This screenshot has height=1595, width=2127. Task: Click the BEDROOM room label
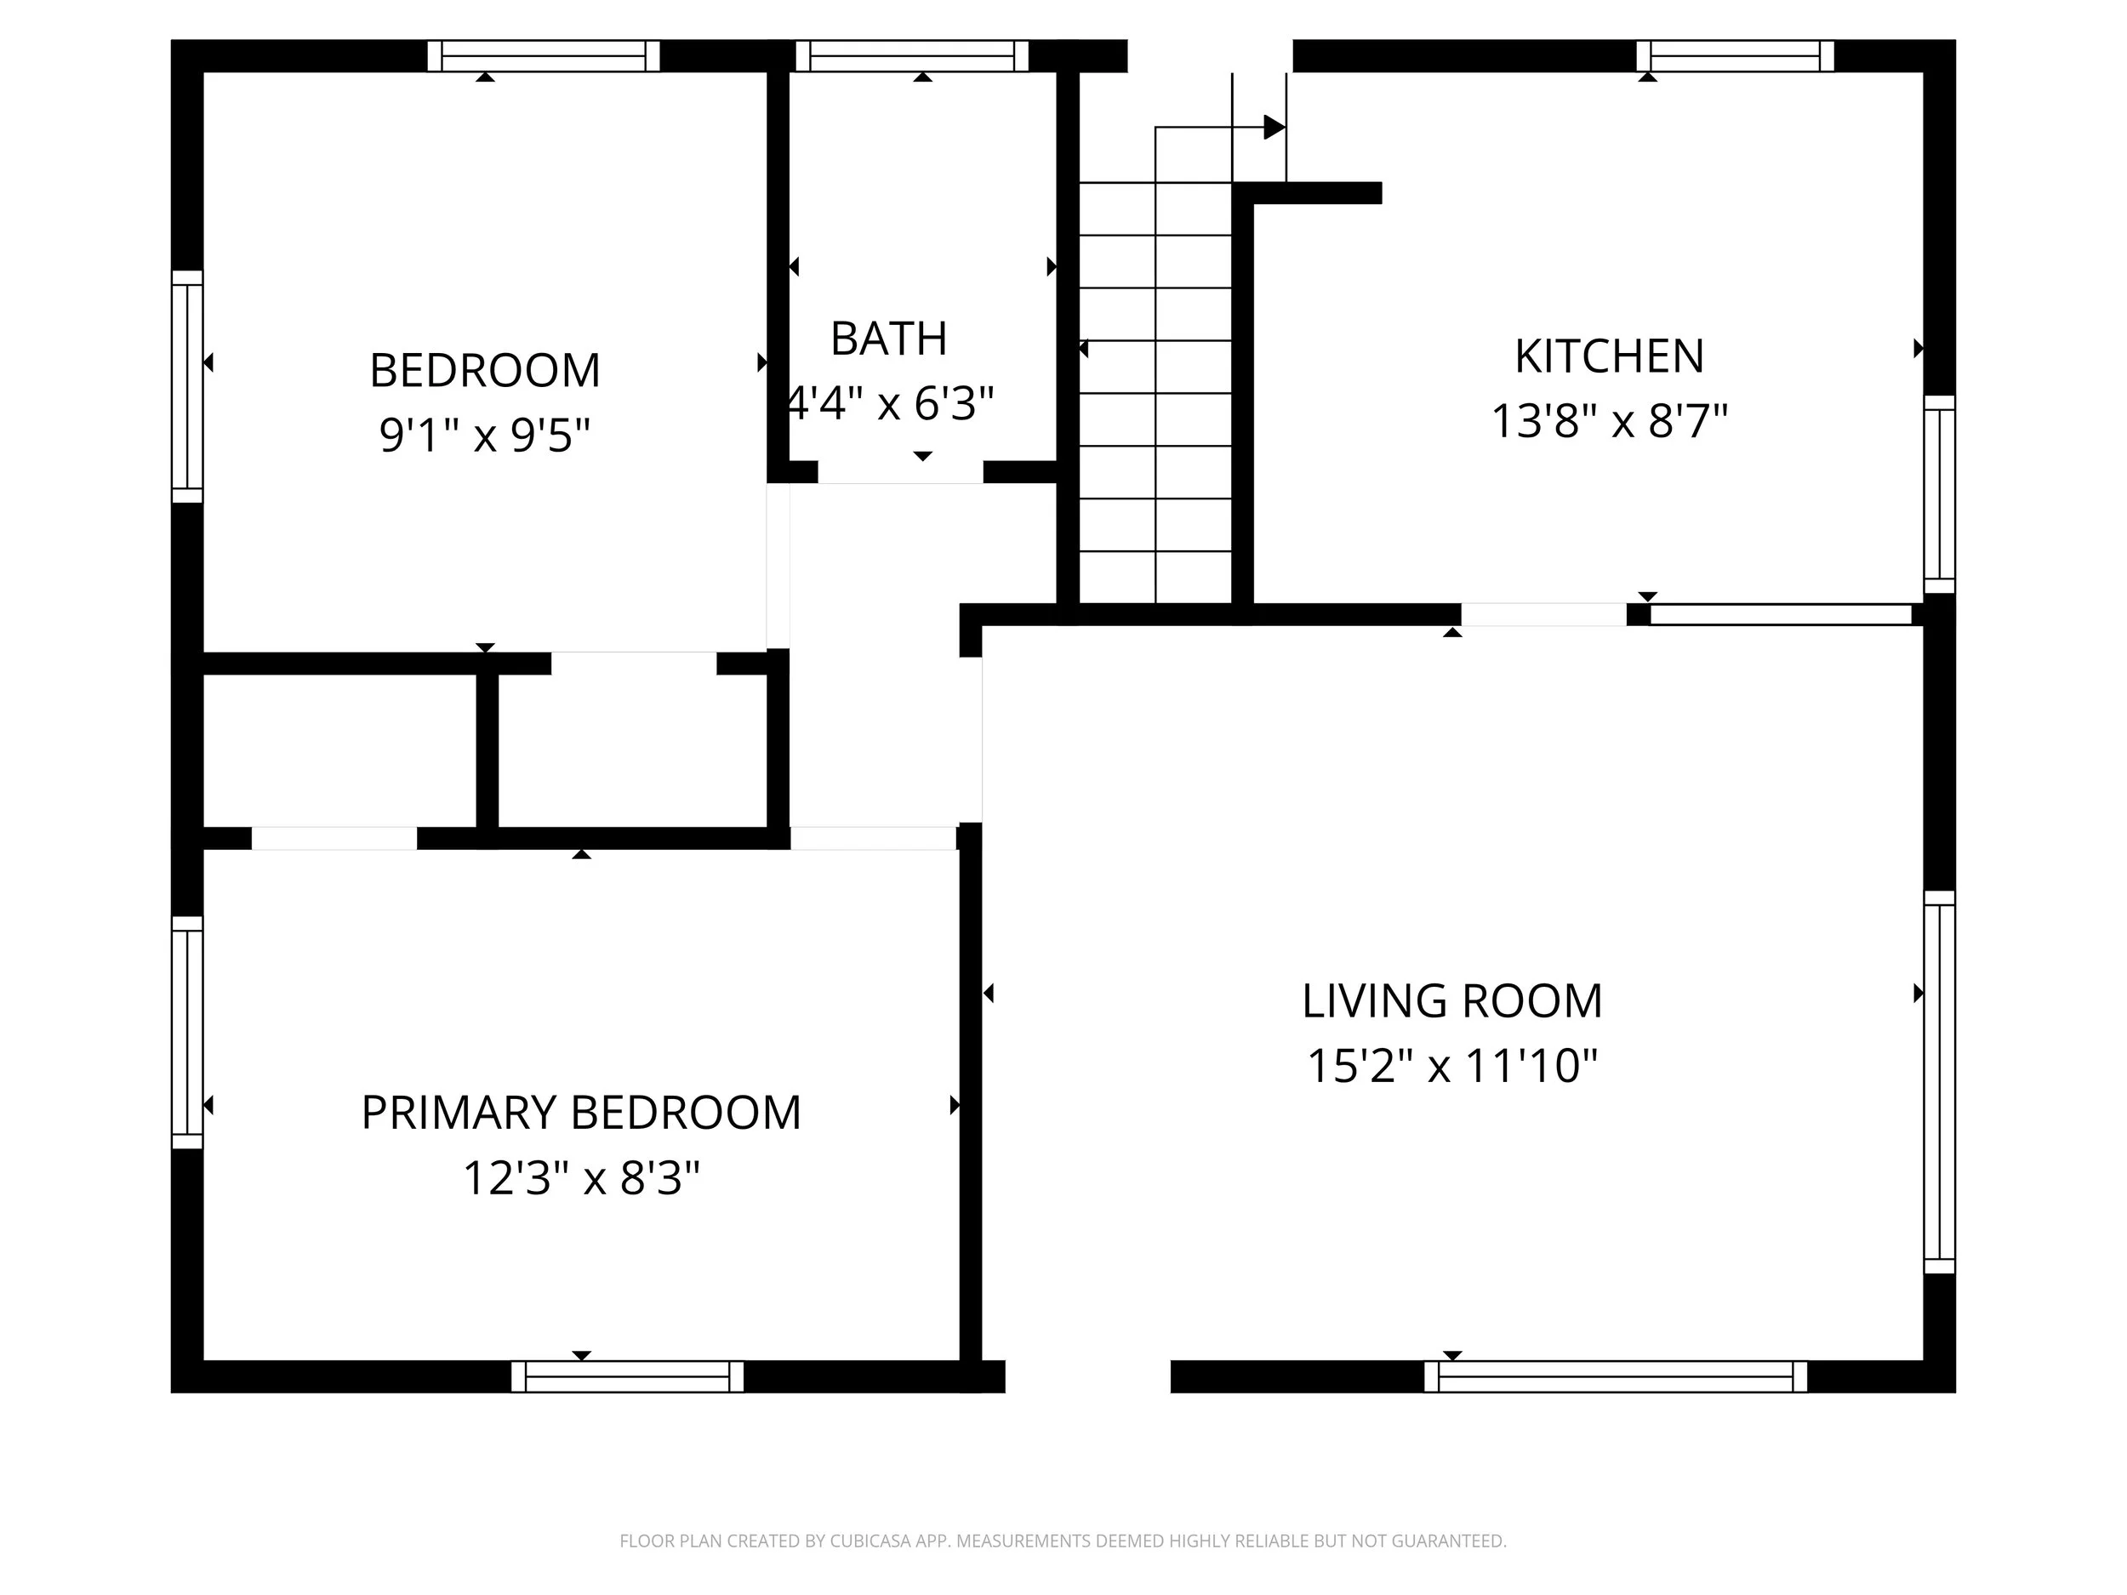click(485, 371)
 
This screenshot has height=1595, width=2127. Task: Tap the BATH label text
click(888, 339)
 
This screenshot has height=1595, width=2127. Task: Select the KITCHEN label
click(1609, 356)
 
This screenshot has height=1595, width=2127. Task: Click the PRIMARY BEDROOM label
click(581, 1114)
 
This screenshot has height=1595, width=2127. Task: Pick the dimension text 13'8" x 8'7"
click(1609, 421)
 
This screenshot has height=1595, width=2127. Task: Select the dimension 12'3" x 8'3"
click(581, 1177)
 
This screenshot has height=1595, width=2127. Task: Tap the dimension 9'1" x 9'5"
click(485, 436)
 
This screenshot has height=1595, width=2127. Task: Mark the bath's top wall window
click(911, 56)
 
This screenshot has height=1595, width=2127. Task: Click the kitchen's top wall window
click(1735, 56)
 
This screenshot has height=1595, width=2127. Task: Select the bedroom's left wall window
click(187, 386)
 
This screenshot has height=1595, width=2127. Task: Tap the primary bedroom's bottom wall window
click(627, 1376)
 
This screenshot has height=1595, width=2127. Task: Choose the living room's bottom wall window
click(1615, 1376)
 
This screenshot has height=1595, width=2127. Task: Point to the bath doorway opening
click(900, 472)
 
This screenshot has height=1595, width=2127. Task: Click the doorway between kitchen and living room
click(1543, 614)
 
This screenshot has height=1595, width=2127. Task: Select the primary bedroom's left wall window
click(187, 1032)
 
